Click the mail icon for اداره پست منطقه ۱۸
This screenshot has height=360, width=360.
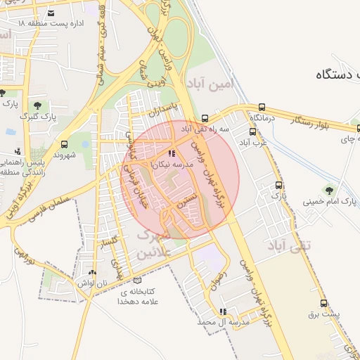(51, 13)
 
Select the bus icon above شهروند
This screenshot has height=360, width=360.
(65, 143)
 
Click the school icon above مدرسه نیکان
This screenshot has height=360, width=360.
(172, 153)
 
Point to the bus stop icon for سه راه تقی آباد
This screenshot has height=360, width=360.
(205, 118)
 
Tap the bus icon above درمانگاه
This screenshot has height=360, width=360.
(262, 107)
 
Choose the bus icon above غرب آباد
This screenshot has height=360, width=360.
(253, 131)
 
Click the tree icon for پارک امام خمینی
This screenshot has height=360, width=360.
(328, 190)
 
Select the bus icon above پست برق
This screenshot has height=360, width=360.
(323, 304)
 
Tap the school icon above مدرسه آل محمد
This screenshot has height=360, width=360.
(224, 311)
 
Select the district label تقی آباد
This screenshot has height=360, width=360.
(283, 245)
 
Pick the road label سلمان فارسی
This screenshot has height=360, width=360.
(49, 203)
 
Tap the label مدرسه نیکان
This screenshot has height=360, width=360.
(167, 164)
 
